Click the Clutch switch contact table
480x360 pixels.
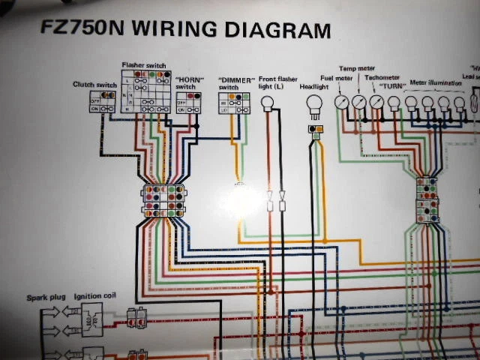coord(102,101)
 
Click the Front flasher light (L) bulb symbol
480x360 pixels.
coord(268,102)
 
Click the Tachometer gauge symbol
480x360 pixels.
coord(376,103)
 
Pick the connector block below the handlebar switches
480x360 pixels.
coord(162,200)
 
